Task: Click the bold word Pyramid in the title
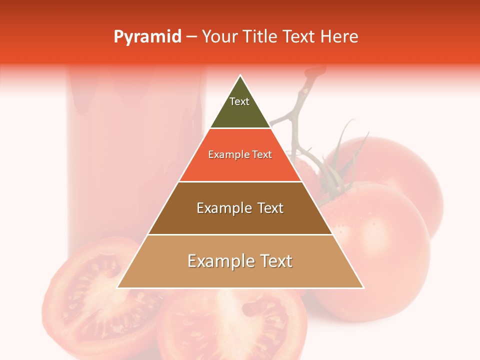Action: (147, 37)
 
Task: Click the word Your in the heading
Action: (219, 37)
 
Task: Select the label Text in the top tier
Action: (239, 101)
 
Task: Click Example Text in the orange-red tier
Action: (240, 154)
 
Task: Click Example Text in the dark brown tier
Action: (240, 208)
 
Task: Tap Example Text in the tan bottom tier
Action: (240, 261)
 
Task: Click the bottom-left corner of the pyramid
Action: (117, 287)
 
